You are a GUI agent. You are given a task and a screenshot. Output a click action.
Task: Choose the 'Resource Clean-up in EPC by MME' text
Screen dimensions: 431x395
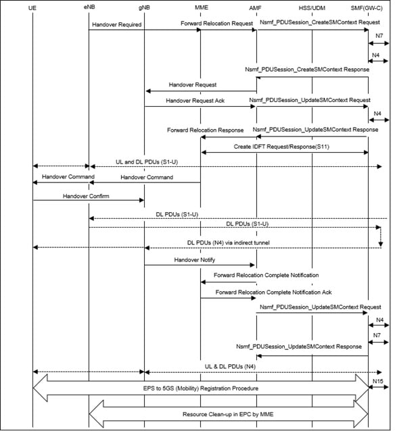[x=229, y=414]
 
